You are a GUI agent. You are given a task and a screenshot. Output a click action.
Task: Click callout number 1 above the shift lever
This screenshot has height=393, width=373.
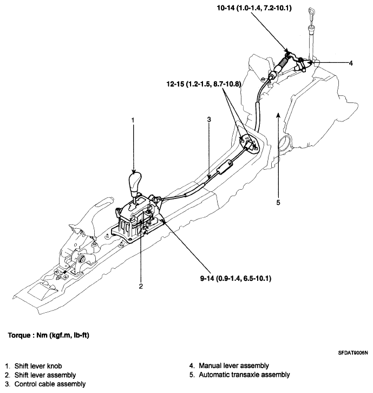pos(133,119)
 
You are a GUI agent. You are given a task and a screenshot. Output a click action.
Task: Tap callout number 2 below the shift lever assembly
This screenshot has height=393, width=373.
pos(140,286)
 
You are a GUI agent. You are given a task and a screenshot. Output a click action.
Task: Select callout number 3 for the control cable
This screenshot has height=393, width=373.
pos(209,119)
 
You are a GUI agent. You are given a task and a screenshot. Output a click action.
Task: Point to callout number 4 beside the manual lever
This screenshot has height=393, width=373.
pos(351,63)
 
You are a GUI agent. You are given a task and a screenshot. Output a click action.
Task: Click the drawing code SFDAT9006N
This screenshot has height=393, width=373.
pos(349,352)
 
